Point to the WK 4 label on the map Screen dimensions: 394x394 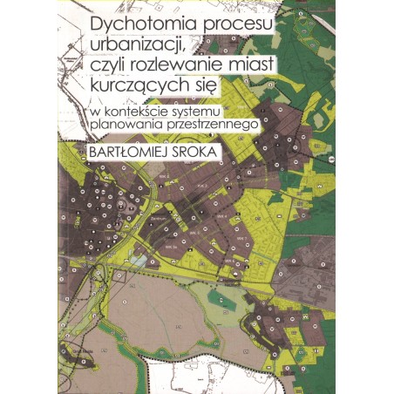221,215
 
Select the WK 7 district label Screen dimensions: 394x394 241,238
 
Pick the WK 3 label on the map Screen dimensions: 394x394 200,185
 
